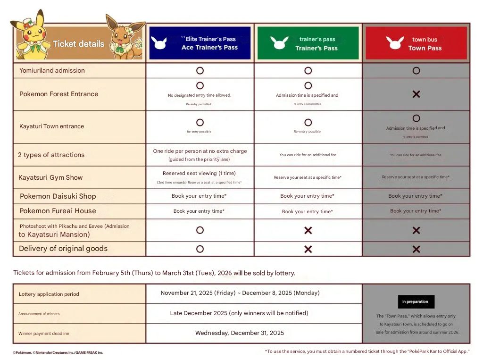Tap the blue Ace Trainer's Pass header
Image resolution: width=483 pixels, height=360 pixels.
tap(200, 43)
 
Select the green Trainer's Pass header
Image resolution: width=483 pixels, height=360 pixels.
tap(308, 43)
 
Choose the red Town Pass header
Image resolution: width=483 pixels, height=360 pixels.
tap(416, 43)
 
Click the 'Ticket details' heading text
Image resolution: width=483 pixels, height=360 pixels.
tap(78, 44)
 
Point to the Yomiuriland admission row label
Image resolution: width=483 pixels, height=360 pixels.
tap(52, 70)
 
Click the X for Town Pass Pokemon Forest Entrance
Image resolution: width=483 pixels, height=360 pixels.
tap(416, 94)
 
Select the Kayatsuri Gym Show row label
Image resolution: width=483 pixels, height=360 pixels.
tap(50, 177)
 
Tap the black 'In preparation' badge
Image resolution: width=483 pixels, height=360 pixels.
tap(416, 301)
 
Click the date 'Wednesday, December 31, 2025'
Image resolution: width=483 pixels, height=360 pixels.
tap(240, 333)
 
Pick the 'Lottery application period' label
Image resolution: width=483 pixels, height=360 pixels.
tap(49, 294)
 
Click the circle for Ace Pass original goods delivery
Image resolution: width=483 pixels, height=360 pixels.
tap(200, 249)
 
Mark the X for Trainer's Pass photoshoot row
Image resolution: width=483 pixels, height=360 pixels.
tap(308, 230)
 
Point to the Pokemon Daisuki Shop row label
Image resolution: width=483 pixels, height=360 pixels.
tap(58, 196)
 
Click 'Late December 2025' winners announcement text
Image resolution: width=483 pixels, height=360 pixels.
tap(239, 313)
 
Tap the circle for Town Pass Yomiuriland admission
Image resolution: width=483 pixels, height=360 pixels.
tap(416, 70)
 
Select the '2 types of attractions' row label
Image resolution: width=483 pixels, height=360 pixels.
tap(51, 155)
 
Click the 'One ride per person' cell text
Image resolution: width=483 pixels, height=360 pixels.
tap(200, 151)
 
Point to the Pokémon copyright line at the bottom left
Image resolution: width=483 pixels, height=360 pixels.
tap(58, 352)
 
